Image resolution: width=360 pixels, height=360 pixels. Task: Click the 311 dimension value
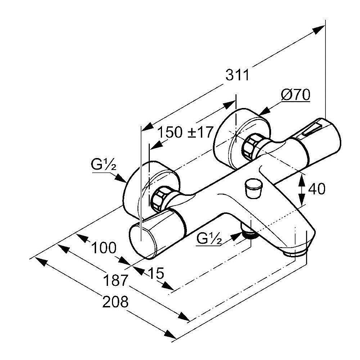pyautogui.click(x=237, y=75)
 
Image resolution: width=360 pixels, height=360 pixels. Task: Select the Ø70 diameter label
pyautogui.click(x=296, y=96)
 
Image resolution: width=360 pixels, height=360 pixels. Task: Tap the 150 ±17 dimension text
pyautogui.click(x=186, y=132)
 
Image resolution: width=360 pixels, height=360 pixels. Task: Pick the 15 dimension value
pyautogui.click(x=156, y=273)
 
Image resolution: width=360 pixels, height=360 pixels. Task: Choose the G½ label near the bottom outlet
pyautogui.click(x=209, y=238)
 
